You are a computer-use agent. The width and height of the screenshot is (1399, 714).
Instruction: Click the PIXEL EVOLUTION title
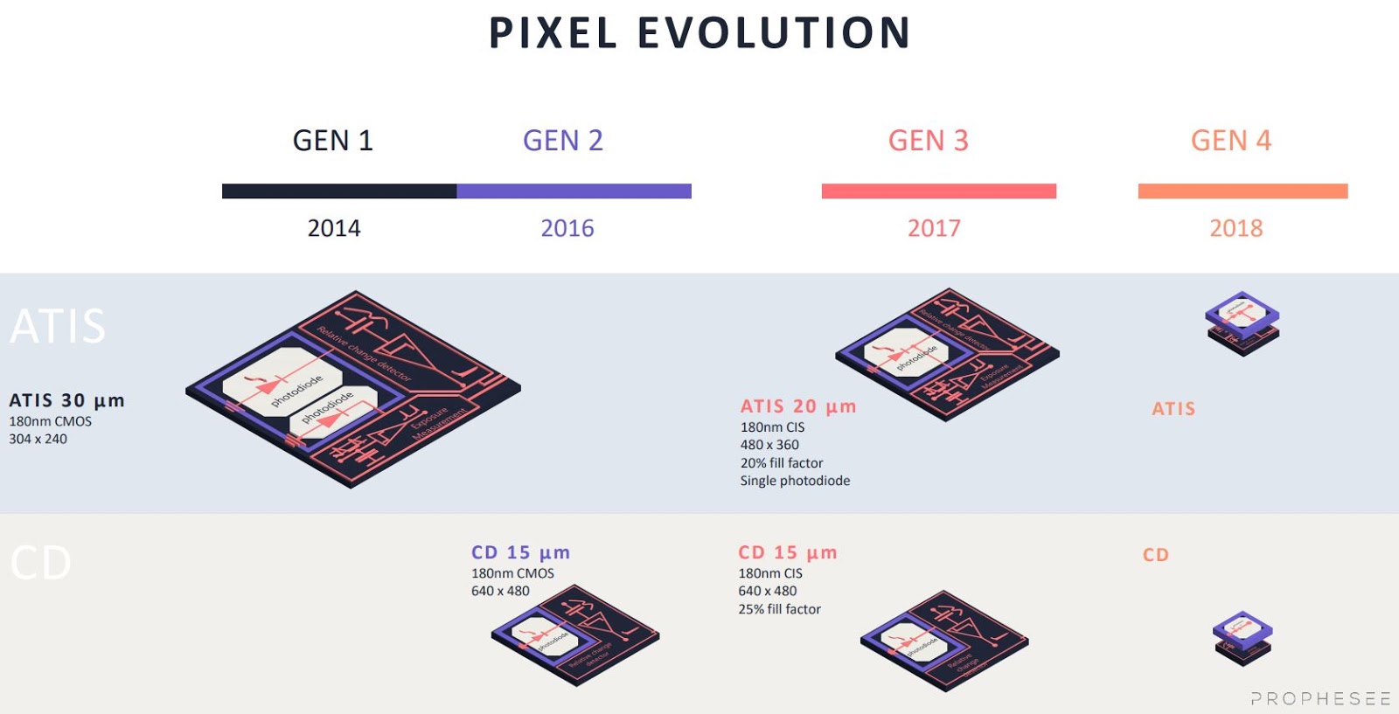coord(699,33)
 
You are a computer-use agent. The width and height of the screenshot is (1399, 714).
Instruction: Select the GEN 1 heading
coord(332,141)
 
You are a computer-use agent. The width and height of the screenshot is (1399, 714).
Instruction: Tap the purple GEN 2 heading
coord(563,141)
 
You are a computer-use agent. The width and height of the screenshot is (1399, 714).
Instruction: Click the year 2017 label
coord(934,229)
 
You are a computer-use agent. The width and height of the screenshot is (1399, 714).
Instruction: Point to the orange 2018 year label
coord(1235,229)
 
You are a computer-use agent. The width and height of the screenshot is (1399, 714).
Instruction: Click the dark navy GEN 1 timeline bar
coord(339,191)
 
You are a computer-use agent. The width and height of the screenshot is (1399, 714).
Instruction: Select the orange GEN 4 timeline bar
coord(1242,191)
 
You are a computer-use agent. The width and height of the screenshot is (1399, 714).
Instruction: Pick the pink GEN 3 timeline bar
coord(938,191)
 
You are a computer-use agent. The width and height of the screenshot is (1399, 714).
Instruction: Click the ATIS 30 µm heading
coord(66,400)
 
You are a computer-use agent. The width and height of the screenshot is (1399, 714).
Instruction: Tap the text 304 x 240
coord(38,439)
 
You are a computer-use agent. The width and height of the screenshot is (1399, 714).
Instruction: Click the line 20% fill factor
coord(782,463)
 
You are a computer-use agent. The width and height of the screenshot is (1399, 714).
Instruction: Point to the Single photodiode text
coord(795,481)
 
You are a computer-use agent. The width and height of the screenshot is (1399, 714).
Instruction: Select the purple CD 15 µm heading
coord(520,552)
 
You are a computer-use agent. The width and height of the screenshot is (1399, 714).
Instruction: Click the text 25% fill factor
coord(779,609)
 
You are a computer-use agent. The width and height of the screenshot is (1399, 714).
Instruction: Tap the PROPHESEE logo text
coord(1320,698)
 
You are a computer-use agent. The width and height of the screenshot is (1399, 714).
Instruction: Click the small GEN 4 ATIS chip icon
coord(1242,323)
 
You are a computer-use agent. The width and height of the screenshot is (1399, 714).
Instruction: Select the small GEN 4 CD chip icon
coord(1242,638)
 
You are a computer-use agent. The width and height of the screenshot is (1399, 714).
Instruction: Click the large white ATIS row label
coord(58,326)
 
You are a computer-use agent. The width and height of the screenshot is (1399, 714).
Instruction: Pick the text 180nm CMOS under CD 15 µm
coord(512,573)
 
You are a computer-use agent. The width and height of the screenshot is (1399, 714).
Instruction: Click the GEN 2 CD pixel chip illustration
coord(574,636)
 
